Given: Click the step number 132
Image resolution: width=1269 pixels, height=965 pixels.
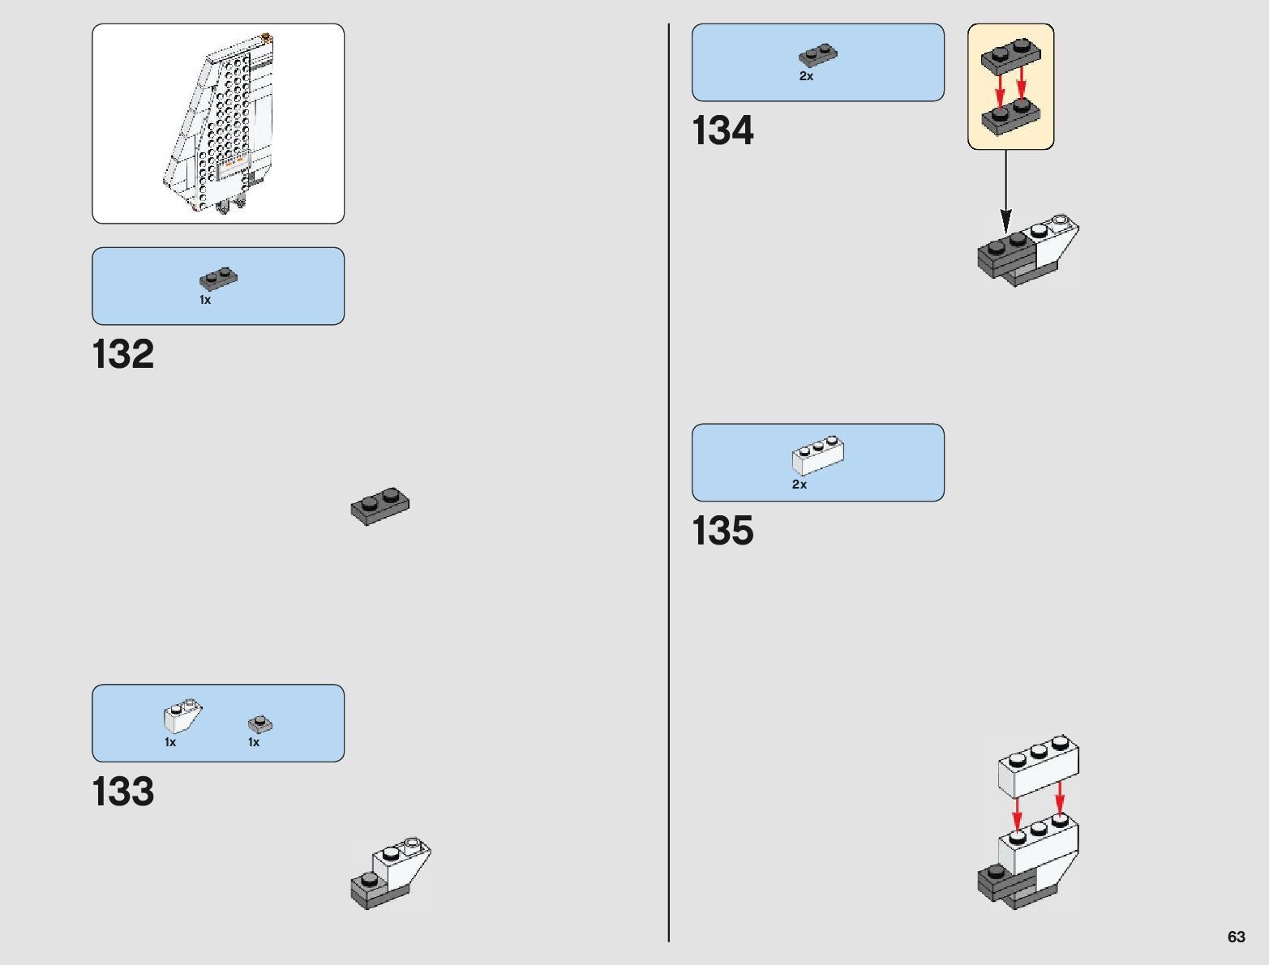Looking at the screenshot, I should pyautogui.click(x=123, y=355).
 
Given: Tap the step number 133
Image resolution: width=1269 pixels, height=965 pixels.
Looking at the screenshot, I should pyautogui.click(x=123, y=792).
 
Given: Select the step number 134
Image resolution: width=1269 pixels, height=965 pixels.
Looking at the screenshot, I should pyautogui.click(x=722, y=131).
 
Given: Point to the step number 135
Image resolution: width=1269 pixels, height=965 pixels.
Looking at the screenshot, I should pyautogui.click(x=722, y=532).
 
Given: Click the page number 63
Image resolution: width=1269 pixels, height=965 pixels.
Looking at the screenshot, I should pyautogui.click(x=1236, y=937).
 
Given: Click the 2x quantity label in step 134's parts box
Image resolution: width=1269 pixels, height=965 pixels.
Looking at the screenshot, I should pyautogui.click(x=806, y=76).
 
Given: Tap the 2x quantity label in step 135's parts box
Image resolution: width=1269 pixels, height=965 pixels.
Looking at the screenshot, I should pyautogui.click(x=800, y=485).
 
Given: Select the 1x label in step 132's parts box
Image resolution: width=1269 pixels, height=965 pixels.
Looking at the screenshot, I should pyautogui.click(x=205, y=300).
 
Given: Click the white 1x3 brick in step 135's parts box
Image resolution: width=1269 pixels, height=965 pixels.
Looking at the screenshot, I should pyautogui.click(x=818, y=455).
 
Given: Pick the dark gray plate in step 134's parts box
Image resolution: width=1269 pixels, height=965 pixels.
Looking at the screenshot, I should pyautogui.click(x=818, y=54).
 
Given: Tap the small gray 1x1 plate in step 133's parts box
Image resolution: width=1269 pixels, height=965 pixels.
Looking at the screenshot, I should pyautogui.click(x=260, y=723).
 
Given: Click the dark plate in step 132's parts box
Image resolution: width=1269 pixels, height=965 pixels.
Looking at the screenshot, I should pyautogui.click(x=218, y=278).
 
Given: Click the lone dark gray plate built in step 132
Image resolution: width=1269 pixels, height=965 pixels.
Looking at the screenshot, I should pyautogui.click(x=380, y=506).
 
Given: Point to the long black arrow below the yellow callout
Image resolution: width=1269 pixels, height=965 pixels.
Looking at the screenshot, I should pyautogui.click(x=1006, y=190).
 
